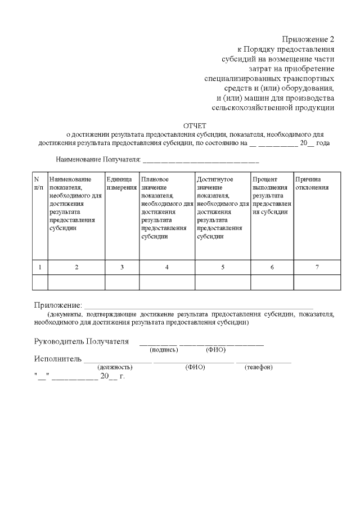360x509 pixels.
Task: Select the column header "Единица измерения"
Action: click(121, 183)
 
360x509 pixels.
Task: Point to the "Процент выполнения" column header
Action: click(272, 195)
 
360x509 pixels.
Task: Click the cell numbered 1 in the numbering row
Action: click(39, 267)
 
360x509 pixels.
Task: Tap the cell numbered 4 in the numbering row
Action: click(166, 267)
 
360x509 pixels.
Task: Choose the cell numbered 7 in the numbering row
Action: click(317, 267)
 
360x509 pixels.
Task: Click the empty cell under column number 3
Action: click(121, 282)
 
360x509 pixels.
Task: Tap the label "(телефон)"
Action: click(259, 367)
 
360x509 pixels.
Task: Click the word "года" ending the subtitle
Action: click(323, 143)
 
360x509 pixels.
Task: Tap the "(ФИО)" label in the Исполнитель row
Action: click(195, 367)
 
